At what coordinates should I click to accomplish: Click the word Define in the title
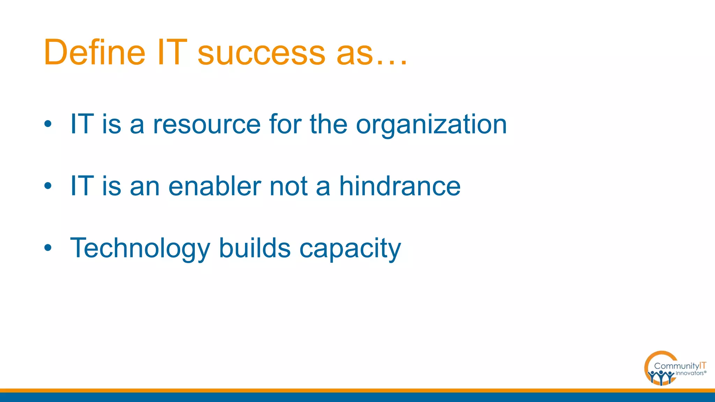pyautogui.click(x=94, y=52)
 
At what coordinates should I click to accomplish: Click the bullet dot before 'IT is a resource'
pyautogui.click(x=48, y=124)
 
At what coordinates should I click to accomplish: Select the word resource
pyautogui.click(x=207, y=124)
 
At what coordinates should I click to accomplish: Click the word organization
pyautogui.click(x=431, y=125)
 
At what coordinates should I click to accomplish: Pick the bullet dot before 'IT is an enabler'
pyautogui.click(x=48, y=186)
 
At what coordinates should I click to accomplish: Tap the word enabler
pyautogui.click(x=215, y=186)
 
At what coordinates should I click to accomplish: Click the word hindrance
pyautogui.click(x=400, y=186)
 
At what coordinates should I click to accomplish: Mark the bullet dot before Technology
pyautogui.click(x=48, y=248)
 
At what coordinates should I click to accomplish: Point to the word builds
pyautogui.click(x=255, y=248)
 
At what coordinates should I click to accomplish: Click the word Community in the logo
pyautogui.click(x=676, y=366)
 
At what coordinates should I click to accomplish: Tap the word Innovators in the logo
pyautogui.click(x=689, y=373)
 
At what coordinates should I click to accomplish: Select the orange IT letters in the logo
pyautogui.click(x=702, y=365)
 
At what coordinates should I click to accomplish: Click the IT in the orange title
pyautogui.click(x=172, y=52)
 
